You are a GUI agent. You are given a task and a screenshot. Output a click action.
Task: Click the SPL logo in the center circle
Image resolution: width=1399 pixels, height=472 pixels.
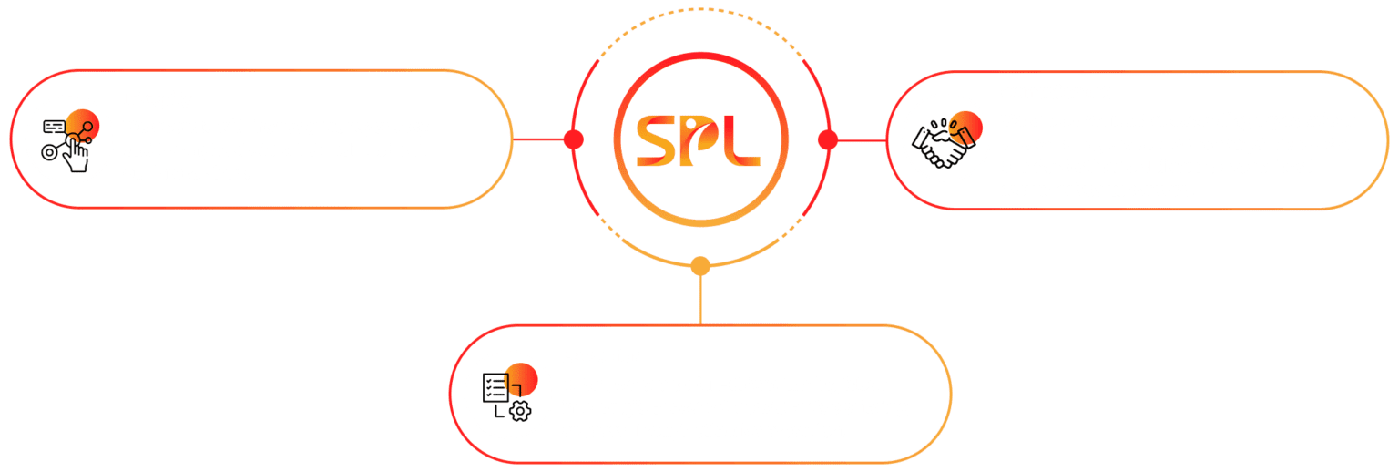pyautogui.click(x=699, y=139)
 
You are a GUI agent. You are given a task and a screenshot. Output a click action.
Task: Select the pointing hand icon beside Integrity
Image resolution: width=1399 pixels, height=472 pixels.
pyautogui.click(x=70, y=141)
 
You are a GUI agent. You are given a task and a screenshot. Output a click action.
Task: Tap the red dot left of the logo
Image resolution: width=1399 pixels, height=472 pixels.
pyautogui.click(x=573, y=139)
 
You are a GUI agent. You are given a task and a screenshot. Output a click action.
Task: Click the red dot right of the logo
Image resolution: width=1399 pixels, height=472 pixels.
pyautogui.click(x=827, y=139)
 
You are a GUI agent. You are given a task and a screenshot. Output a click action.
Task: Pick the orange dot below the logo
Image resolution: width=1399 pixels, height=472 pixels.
pyautogui.click(x=699, y=266)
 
